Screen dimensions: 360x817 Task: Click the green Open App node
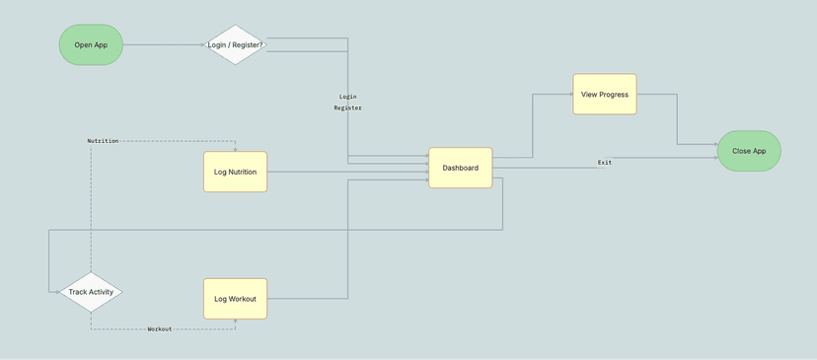pyautogui.click(x=91, y=45)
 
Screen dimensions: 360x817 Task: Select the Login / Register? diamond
pyautogui.click(x=236, y=45)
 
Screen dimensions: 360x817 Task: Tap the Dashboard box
pyautogui.click(x=460, y=168)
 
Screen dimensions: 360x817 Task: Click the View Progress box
pyautogui.click(x=604, y=95)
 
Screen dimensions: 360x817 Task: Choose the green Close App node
pyautogui.click(x=749, y=151)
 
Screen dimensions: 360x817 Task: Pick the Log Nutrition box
pyautogui.click(x=235, y=172)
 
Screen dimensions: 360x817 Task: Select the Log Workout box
pyautogui.click(x=235, y=298)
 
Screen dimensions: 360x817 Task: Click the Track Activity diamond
pyautogui.click(x=91, y=292)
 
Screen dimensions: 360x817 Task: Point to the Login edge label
pyautogui.click(x=347, y=97)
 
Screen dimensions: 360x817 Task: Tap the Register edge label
pyautogui.click(x=347, y=108)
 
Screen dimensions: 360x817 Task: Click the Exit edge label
pyautogui.click(x=604, y=162)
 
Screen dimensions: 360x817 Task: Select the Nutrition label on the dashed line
pyautogui.click(x=103, y=141)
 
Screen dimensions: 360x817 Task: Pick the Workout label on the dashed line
pyautogui.click(x=159, y=328)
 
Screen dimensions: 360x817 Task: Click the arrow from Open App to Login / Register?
pyautogui.click(x=163, y=45)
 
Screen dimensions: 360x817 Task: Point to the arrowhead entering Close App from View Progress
pyautogui.click(x=715, y=145)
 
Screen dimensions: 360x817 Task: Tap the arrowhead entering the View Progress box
pyautogui.click(x=570, y=95)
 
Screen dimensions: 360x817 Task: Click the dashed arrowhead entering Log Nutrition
pyautogui.click(x=236, y=149)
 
